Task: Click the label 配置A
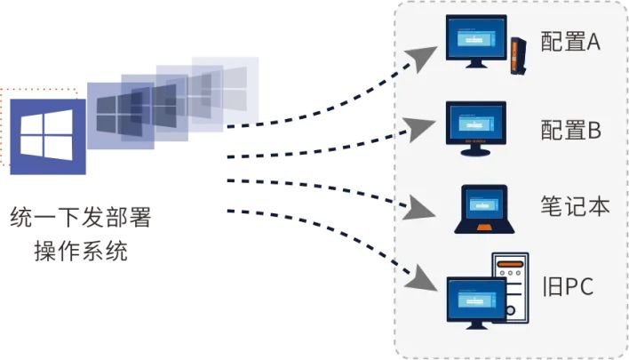point(572,42)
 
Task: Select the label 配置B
point(572,130)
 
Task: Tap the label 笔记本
point(575,206)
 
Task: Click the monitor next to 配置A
point(475,44)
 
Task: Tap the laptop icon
point(480,210)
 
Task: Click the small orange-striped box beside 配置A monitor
point(514,54)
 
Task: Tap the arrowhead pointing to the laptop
point(416,211)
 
